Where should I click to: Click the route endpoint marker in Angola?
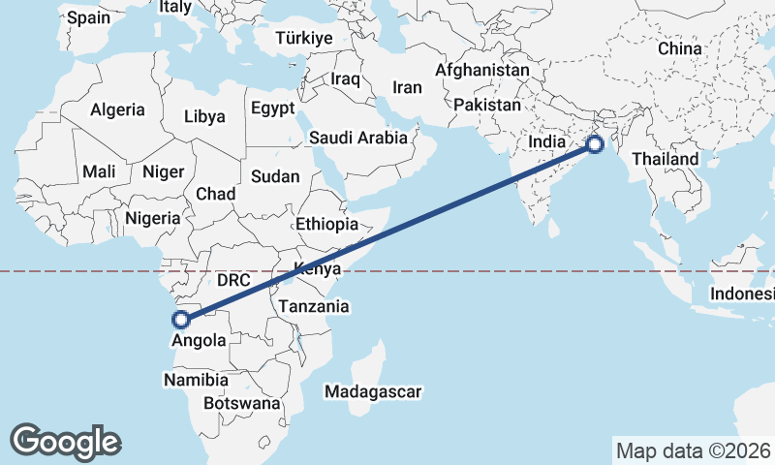(179, 319)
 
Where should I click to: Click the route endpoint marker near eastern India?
(594, 145)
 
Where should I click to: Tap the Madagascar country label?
(373, 392)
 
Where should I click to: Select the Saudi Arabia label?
(358, 138)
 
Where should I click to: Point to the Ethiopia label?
(326, 224)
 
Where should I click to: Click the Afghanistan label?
(482, 71)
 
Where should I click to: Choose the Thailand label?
(666, 159)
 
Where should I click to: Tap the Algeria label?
(117, 110)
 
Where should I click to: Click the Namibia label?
(196, 381)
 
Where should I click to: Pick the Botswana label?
(242, 403)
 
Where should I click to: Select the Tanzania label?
(313, 306)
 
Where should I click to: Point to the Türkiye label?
(304, 38)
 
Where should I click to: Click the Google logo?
(65, 442)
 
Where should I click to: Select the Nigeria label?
(153, 218)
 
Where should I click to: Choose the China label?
(678, 48)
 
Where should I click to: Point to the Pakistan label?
(486, 105)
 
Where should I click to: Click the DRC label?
(233, 280)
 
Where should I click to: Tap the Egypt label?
(272, 108)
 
